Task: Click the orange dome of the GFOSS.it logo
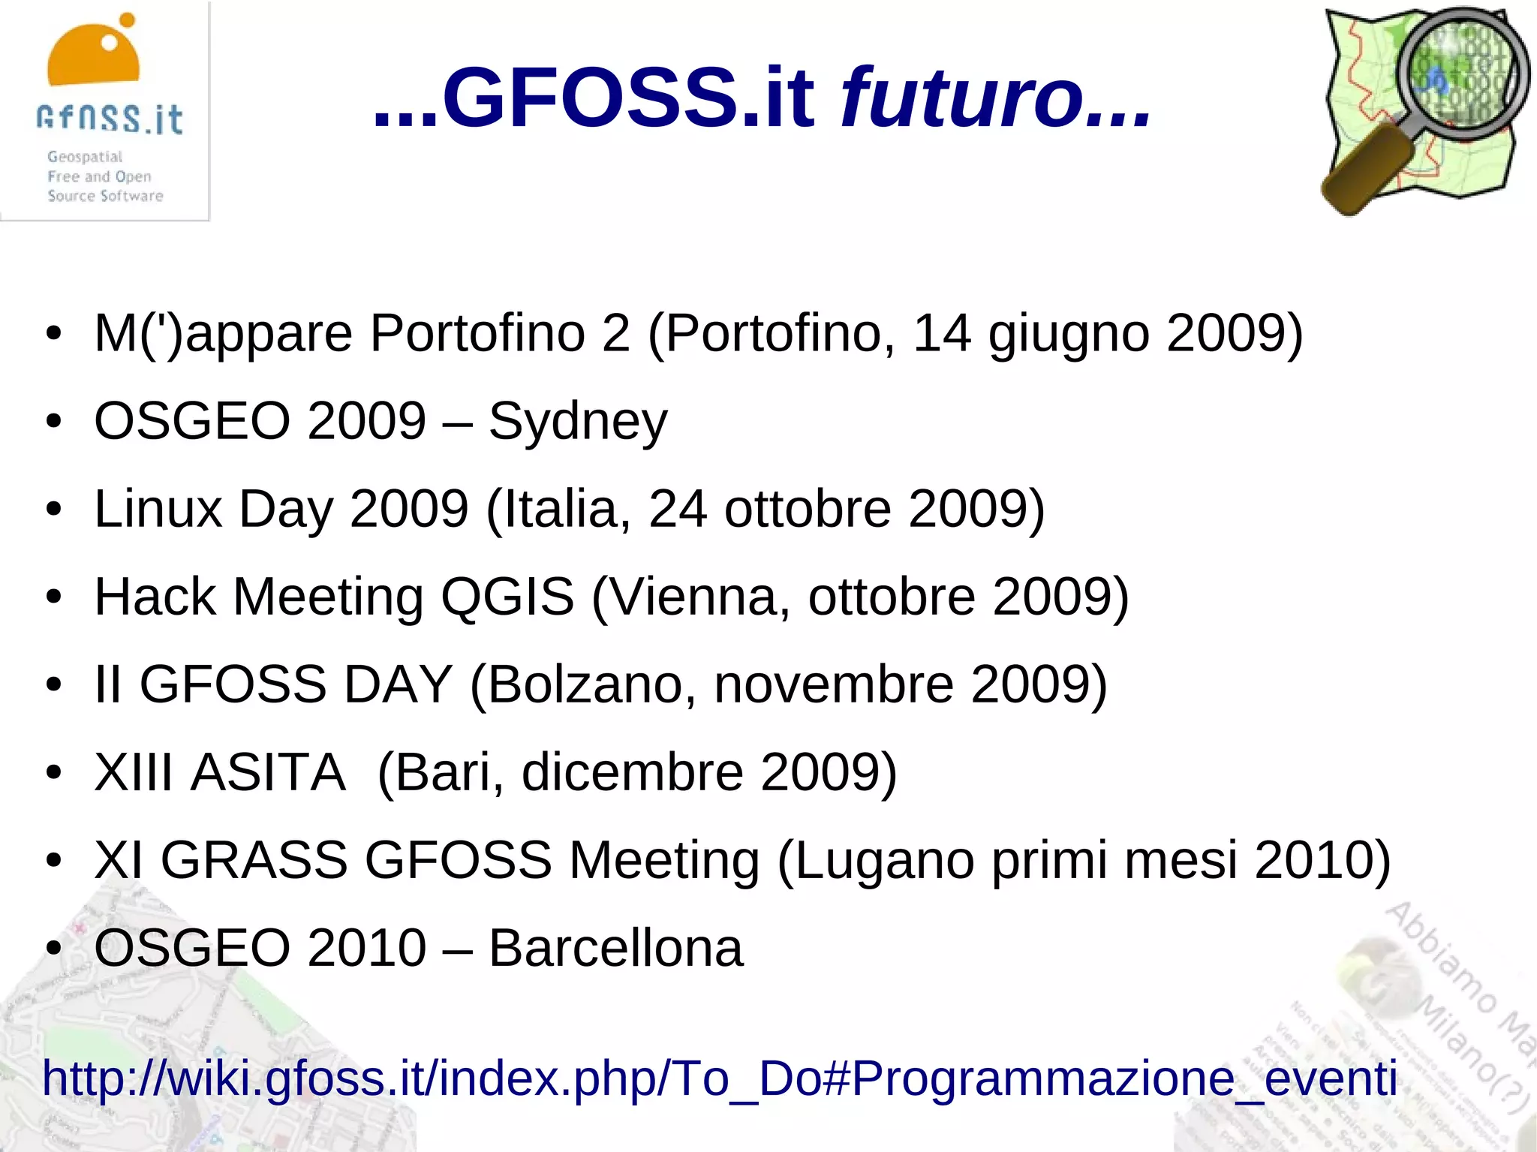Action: coord(93,56)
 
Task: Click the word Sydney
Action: coord(578,422)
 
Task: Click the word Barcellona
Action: coord(615,949)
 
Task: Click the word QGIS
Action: coord(507,597)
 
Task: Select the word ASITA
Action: coord(268,773)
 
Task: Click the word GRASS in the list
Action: coord(254,861)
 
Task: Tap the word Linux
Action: coord(158,510)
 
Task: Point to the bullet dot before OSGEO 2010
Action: coord(53,949)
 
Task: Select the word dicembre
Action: coord(633,773)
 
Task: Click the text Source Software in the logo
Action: coord(105,197)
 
